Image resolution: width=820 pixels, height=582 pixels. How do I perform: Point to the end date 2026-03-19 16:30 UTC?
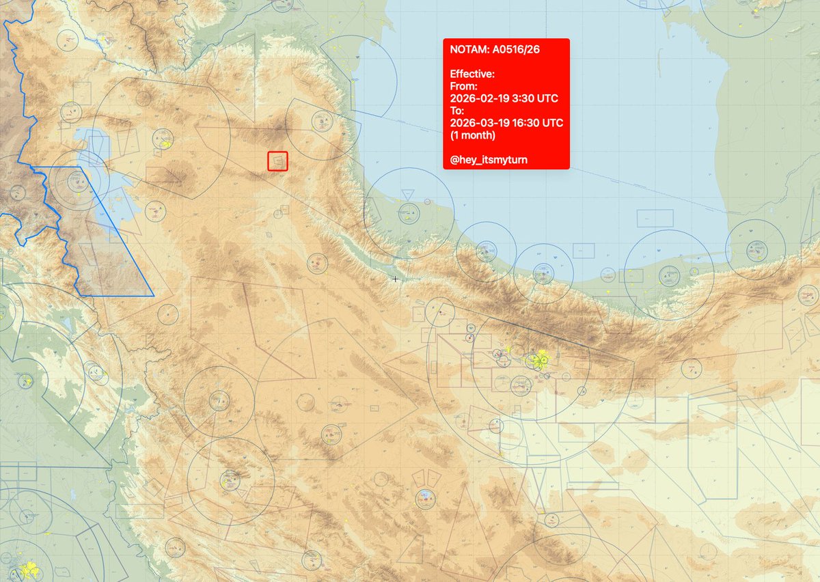(506, 123)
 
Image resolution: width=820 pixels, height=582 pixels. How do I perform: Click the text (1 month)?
(472, 135)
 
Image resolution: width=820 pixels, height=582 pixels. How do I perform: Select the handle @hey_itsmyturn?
(489, 160)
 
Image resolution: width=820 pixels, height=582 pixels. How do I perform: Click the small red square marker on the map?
(277, 161)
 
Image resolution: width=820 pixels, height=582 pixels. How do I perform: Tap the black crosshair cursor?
(395, 279)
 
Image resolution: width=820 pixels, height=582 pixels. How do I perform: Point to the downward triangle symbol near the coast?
(408, 195)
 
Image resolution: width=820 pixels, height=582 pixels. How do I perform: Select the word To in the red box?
(456, 111)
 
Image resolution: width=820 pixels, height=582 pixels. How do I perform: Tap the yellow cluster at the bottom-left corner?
(29, 568)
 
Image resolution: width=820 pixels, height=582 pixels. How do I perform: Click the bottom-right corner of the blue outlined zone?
(153, 295)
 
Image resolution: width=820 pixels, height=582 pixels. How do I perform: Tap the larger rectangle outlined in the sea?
(655, 218)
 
